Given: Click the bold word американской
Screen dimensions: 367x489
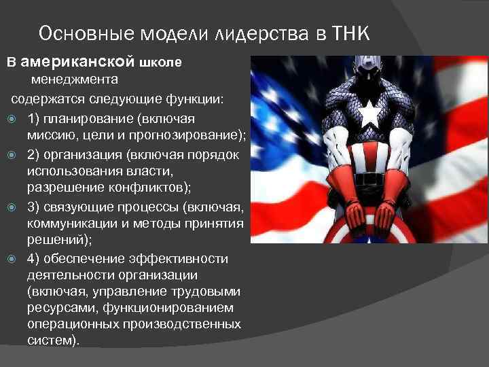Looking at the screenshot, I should click(x=77, y=62).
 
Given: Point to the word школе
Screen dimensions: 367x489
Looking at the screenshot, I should click(x=160, y=63).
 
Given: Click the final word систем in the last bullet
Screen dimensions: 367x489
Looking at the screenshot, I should click(x=50, y=340).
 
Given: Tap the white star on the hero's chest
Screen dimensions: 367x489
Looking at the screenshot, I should click(x=369, y=114).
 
